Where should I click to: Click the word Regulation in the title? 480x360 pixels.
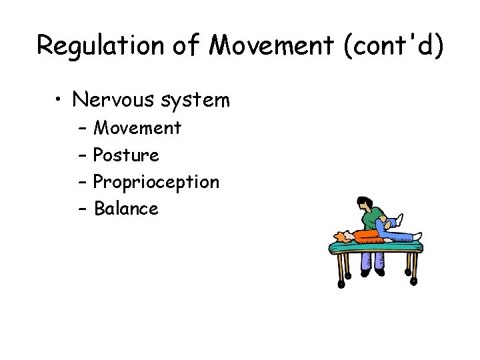coord(101,45)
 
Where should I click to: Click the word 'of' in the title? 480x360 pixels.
coord(188,45)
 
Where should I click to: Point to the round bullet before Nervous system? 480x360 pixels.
coord(60,101)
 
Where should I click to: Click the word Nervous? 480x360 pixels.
coord(115,100)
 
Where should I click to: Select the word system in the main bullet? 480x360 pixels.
coord(196,100)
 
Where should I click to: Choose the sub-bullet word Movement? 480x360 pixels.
coord(137,127)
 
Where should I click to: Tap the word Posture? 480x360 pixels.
coord(126,155)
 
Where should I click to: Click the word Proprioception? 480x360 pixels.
coord(156,182)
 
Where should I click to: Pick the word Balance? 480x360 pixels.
coord(126,209)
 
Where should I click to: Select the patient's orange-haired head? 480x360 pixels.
coord(342,236)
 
